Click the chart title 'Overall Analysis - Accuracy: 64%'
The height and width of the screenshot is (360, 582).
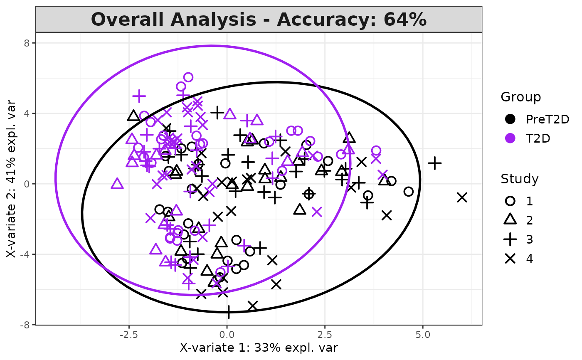259,20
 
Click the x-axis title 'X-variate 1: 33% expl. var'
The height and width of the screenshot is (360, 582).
259,348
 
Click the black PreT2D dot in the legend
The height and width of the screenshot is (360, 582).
510,119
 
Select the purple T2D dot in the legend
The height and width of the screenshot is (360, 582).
510,138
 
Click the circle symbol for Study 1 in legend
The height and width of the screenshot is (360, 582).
510,201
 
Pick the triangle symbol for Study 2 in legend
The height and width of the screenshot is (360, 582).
510,220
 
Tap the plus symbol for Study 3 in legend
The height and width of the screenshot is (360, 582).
510,239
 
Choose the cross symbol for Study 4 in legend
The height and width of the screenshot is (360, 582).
510,259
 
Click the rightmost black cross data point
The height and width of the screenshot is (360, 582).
462,197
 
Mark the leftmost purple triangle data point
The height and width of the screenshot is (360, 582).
117,184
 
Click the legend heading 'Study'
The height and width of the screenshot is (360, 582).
520,179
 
